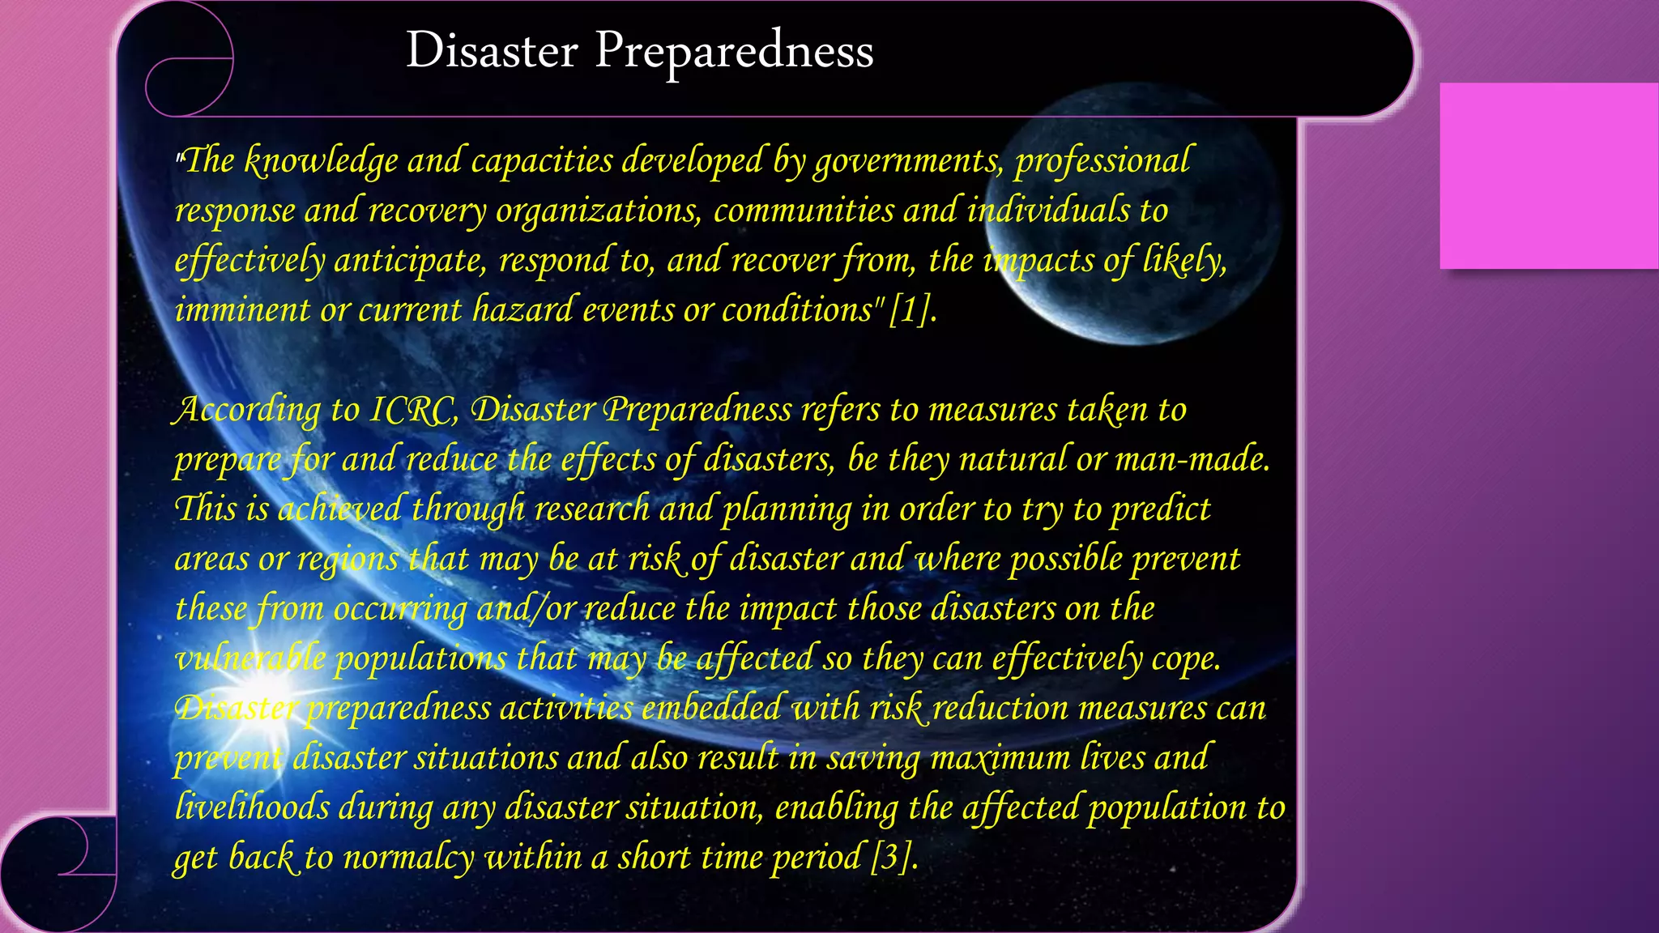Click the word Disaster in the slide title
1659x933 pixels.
(492, 50)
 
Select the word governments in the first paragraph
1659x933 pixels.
(908, 160)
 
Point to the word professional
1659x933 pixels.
(1102, 160)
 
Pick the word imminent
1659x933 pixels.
(242, 309)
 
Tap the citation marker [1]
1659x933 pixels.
(911, 309)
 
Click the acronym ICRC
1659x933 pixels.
(413, 410)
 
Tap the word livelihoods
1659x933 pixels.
(252, 807)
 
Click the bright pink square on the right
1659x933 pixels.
(1548, 176)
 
